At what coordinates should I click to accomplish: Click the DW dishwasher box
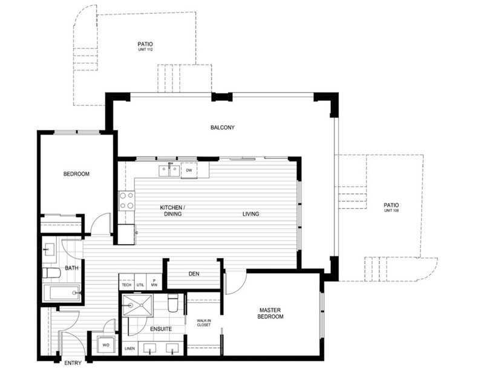tap(189, 170)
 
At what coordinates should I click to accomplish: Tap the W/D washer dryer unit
tap(106, 345)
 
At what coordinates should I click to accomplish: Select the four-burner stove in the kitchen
tap(127, 201)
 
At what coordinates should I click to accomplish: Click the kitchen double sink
tap(169, 170)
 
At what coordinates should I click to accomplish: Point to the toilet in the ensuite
tap(173, 303)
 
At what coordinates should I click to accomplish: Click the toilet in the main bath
tap(51, 273)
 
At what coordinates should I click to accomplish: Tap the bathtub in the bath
tap(62, 293)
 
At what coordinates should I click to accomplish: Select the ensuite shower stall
tap(138, 305)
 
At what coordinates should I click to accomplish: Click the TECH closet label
tap(126, 285)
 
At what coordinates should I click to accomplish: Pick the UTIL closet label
tap(140, 285)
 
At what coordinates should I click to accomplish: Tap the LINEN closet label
tap(130, 348)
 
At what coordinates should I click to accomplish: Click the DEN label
tap(194, 274)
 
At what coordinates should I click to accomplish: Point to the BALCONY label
tap(223, 128)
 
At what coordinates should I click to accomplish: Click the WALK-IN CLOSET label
tap(204, 323)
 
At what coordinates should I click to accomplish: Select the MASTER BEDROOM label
tap(270, 313)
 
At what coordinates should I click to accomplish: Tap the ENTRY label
tap(73, 363)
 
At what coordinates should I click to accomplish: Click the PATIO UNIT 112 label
tap(145, 47)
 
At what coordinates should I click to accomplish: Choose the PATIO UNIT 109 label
tap(391, 207)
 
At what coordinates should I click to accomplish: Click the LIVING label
tap(250, 214)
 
